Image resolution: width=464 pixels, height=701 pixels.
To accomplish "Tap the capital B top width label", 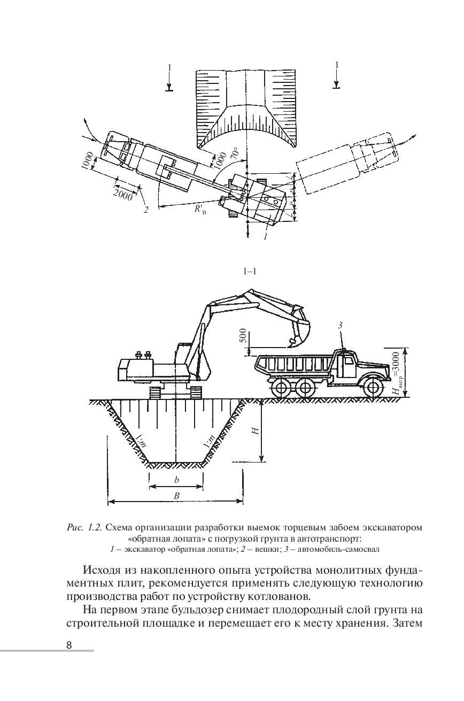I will point(176,496).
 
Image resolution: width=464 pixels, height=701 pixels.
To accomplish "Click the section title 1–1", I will point(250,272).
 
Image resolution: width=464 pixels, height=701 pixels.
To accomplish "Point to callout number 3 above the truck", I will point(341,325).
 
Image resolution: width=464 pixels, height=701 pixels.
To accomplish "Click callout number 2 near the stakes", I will point(145,209).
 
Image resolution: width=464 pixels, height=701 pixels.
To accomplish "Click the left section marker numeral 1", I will point(169,68).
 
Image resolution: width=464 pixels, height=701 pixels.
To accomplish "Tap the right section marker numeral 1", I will point(337,65).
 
